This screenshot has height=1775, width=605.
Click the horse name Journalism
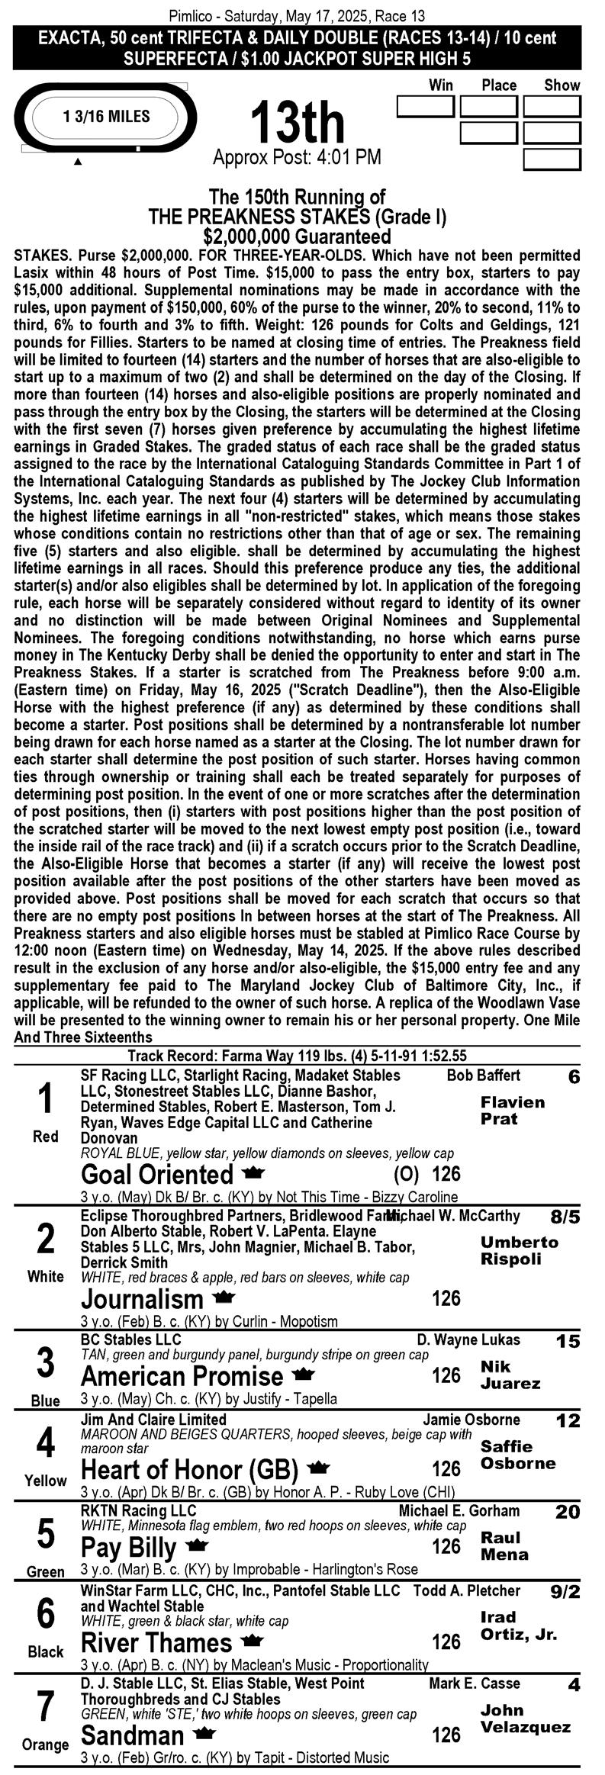click(x=143, y=1299)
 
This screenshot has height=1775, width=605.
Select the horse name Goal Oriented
click(x=156, y=1174)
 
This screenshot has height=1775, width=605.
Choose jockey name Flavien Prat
click(x=512, y=1111)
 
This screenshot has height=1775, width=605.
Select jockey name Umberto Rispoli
click(x=519, y=1250)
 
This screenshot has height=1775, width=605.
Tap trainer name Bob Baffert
click(x=483, y=1076)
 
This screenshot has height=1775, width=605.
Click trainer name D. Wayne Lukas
click(x=468, y=1340)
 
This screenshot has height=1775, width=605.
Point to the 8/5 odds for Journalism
click(x=565, y=1217)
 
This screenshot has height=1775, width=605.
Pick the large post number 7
click(x=46, y=1706)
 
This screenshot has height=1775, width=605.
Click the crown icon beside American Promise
click(x=304, y=1375)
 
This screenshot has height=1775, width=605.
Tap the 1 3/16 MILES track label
click(x=107, y=117)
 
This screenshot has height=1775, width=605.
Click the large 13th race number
click(x=298, y=122)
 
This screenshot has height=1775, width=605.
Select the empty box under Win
click(x=425, y=107)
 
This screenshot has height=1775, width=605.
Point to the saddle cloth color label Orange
click(x=46, y=1744)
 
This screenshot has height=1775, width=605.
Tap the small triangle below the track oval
click(x=78, y=162)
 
